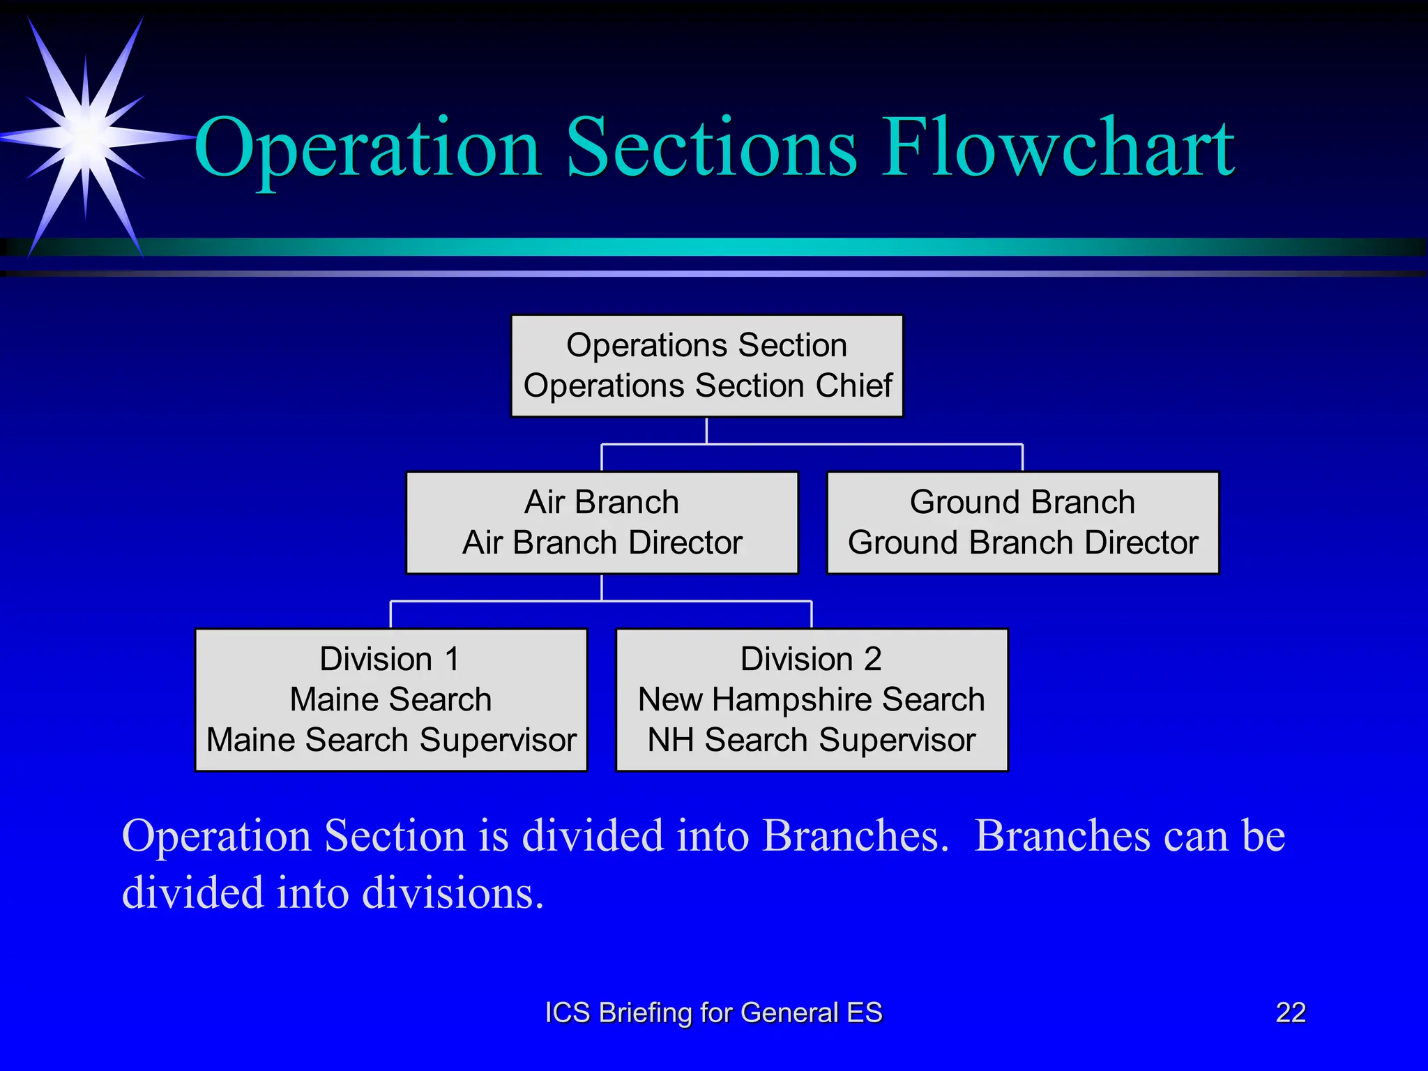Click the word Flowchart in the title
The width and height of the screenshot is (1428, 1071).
(1058, 148)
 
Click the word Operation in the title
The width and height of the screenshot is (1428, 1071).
(367, 148)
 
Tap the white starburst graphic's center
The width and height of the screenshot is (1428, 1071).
(85, 136)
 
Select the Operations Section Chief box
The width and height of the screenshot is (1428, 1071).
(706, 366)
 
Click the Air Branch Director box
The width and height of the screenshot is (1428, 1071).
(602, 523)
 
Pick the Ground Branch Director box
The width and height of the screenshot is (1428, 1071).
(1022, 523)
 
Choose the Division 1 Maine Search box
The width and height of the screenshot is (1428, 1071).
(390, 699)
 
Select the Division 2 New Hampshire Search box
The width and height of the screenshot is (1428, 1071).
(812, 699)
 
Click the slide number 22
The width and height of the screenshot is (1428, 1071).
(1290, 1012)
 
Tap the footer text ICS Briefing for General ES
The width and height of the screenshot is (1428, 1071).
(713, 1012)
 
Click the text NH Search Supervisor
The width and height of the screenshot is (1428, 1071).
(812, 740)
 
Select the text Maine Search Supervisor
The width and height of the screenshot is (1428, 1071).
(391, 740)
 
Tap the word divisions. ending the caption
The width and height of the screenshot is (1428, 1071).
(453, 892)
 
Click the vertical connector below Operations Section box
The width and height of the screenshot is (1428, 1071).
(706, 430)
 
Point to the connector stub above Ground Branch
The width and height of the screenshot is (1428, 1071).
(1022, 457)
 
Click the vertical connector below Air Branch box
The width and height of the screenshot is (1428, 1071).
(602, 587)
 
